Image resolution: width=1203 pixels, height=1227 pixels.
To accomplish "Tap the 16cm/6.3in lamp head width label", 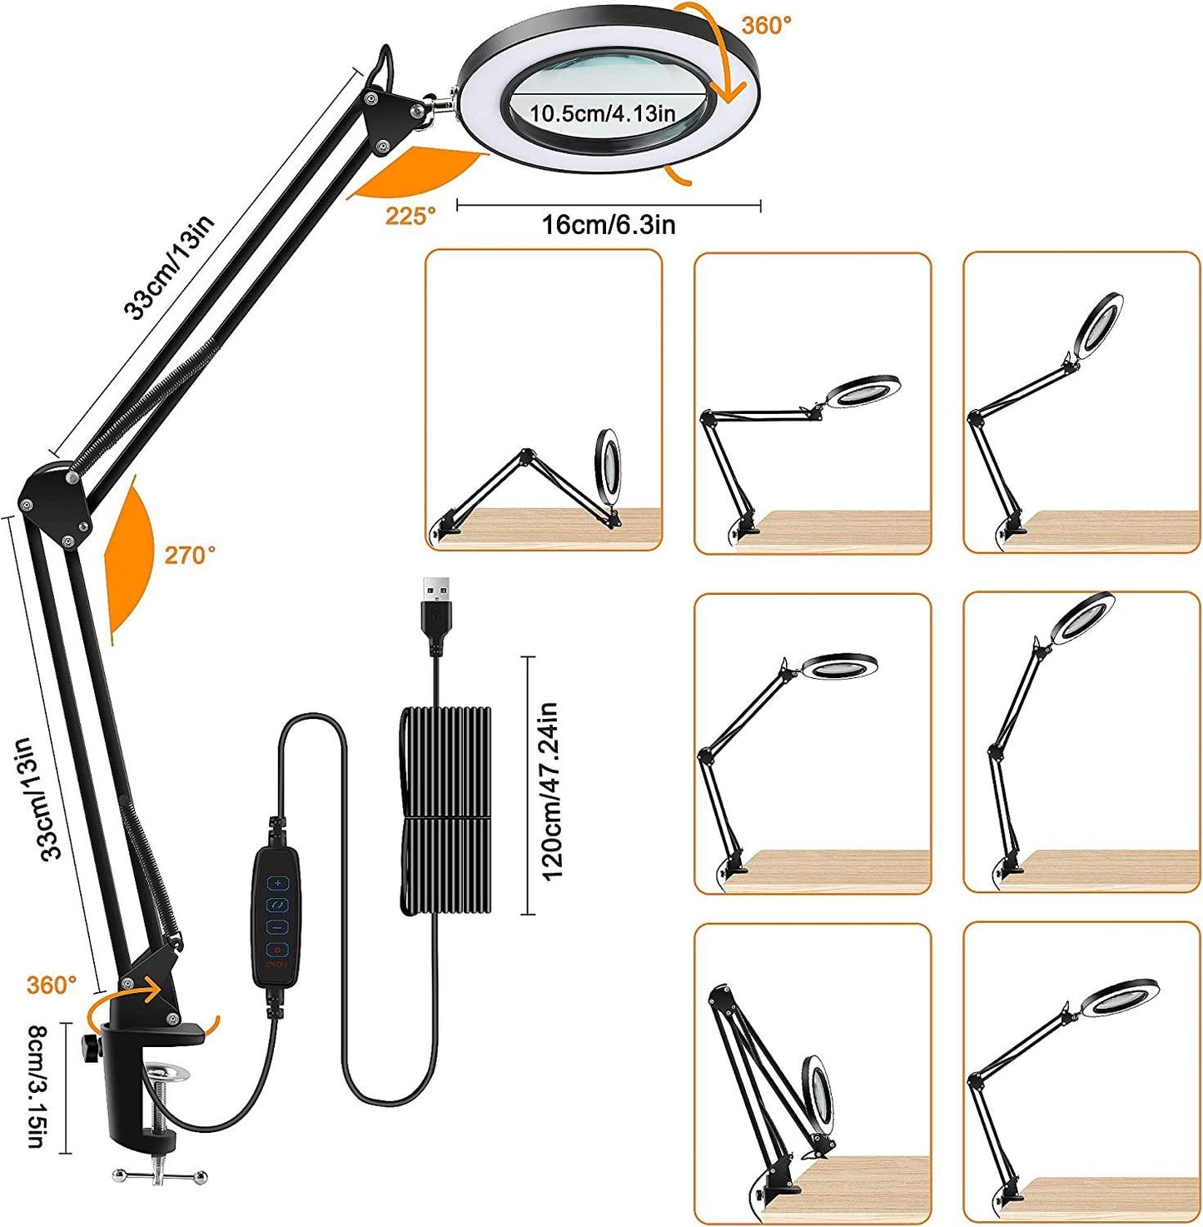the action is coord(609,225).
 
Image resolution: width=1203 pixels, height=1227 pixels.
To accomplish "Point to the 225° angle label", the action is coord(410,217).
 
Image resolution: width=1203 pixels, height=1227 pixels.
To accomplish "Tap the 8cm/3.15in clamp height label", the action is coord(37,1087).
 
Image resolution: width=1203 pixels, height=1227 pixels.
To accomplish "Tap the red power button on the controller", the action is coord(277,950).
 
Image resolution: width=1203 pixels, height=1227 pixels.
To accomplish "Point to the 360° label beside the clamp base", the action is coord(51,985).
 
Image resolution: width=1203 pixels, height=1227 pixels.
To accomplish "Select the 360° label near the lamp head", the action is coord(767,26).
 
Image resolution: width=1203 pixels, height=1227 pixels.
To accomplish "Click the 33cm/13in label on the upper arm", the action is coord(169,267).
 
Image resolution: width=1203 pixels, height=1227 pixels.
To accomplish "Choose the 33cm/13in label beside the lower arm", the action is coord(41,799).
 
